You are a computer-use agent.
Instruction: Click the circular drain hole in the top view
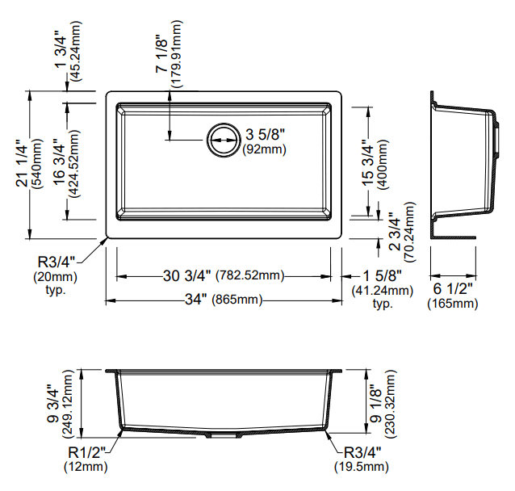coord(222,139)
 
